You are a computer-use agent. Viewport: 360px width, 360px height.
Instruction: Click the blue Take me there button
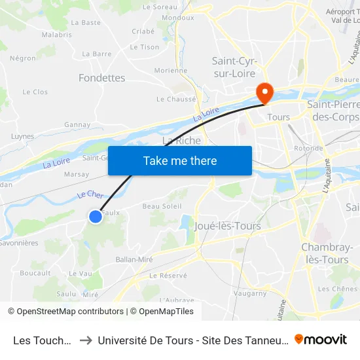pos(180,161)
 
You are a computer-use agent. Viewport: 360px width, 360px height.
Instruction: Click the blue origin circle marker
pos(96,216)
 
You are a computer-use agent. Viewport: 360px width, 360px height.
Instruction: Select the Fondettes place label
pos(101,78)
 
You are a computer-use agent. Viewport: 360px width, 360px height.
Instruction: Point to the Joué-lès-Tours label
pos(228,226)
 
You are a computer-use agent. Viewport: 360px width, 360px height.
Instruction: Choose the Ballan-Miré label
pos(134,259)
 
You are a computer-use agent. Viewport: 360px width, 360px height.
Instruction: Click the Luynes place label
pos(22,137)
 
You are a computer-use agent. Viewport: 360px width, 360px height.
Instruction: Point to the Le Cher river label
pos(91,194)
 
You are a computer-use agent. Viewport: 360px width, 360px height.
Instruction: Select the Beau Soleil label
pos(162,206)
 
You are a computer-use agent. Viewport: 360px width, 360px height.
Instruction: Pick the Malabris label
pos(56,34)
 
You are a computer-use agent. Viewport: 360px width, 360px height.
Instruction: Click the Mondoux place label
pos(178,18)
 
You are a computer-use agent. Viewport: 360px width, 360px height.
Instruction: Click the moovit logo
pos(321,339)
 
